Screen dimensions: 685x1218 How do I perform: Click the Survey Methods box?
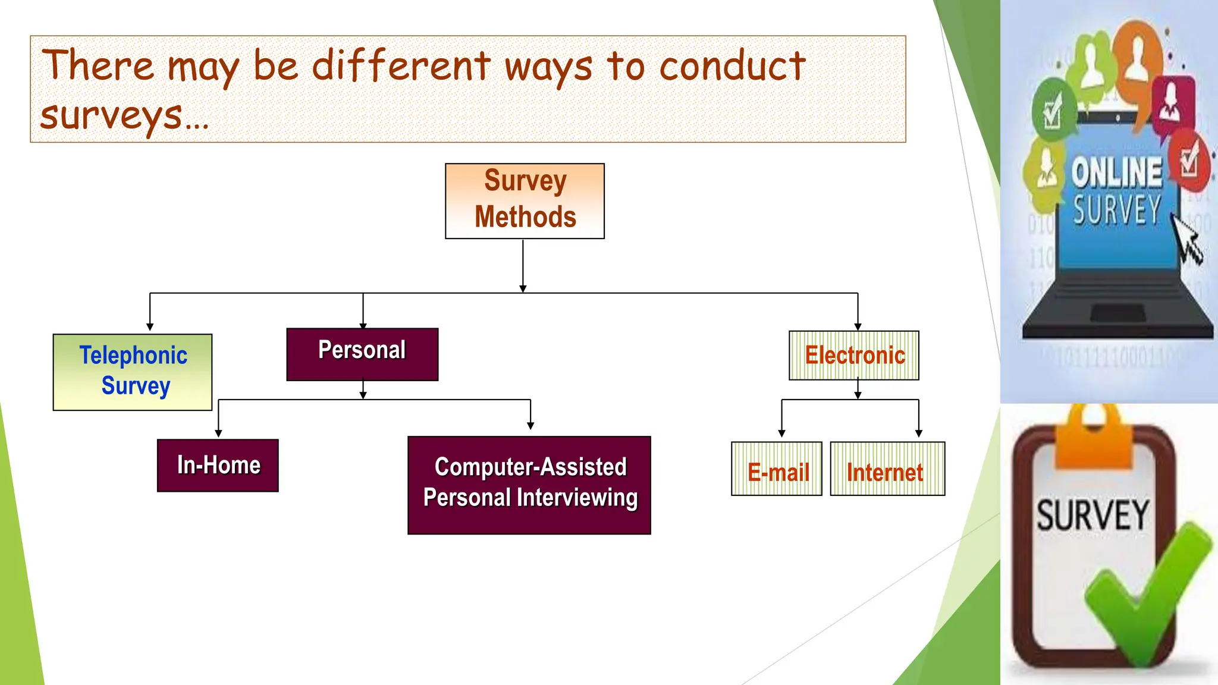click(525, 201)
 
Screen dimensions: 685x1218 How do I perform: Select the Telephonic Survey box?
click(133, 372)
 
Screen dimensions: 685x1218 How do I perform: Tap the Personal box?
click(362, 354)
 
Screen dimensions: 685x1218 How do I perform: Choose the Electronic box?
click(853, 355)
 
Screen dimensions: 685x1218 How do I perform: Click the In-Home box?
click(218, 465)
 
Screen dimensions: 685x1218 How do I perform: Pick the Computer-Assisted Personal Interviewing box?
click(529, 485)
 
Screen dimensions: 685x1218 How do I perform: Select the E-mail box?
click(777, 469)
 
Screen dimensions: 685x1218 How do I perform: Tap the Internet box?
click(887, 469)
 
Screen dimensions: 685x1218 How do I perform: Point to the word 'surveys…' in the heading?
click(124, 116)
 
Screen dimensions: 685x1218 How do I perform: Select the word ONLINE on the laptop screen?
click(1117, 172)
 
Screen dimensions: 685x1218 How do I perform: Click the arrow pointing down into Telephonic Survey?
click(150, 326)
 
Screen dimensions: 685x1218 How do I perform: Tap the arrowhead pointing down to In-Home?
click(218, 433)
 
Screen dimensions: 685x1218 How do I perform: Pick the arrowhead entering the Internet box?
click(918, 433)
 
